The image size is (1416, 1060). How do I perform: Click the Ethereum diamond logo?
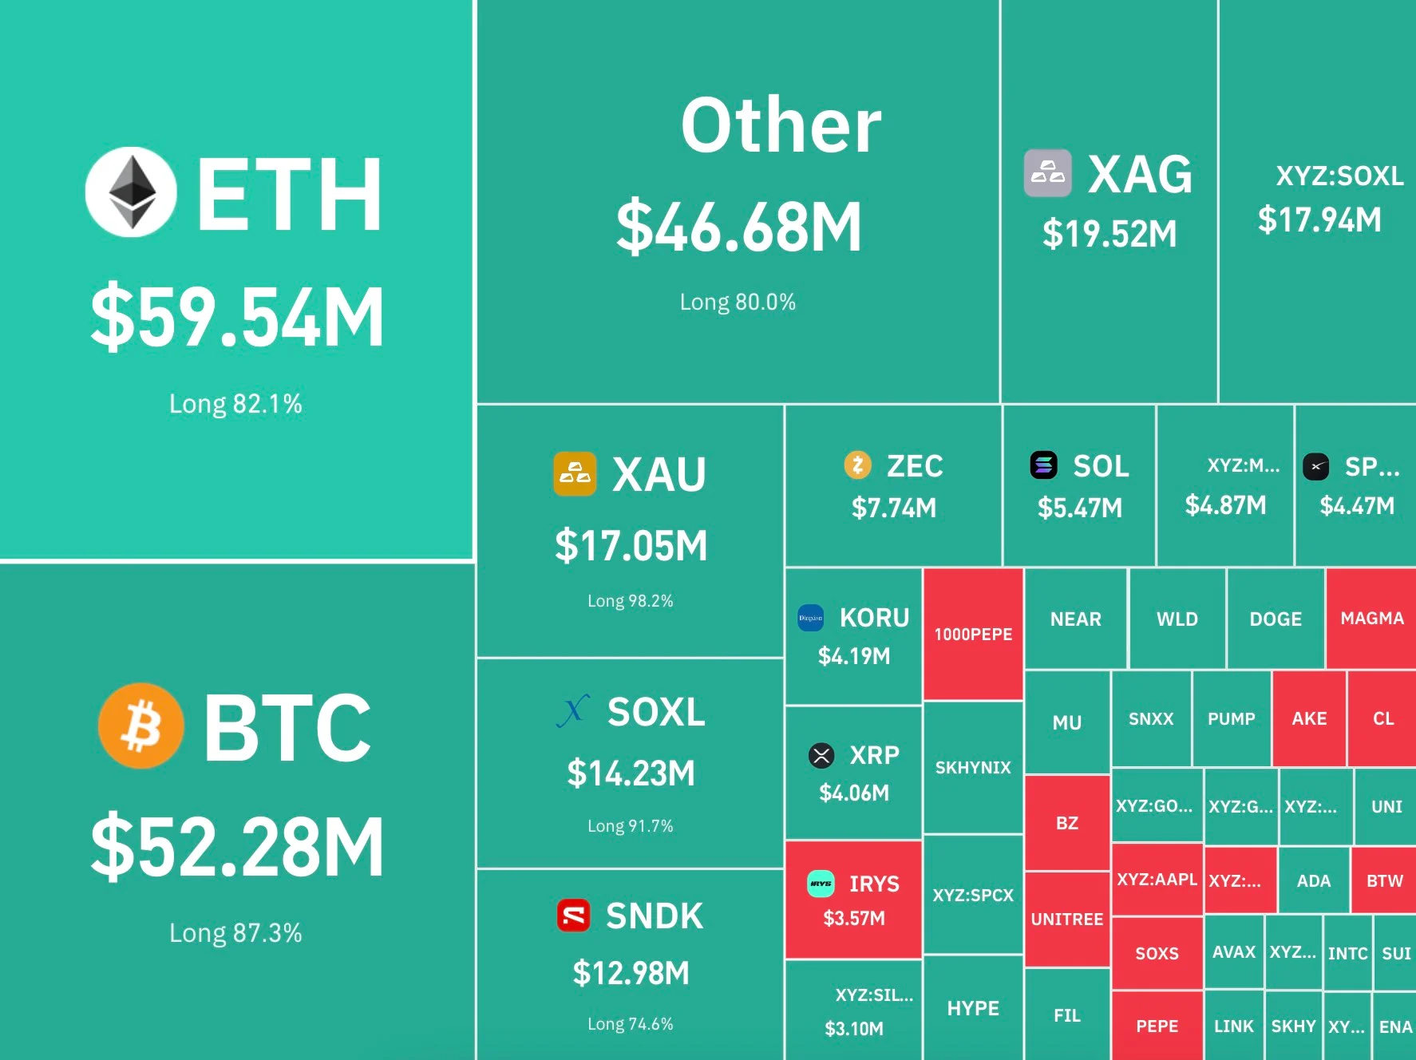tap(131, 192)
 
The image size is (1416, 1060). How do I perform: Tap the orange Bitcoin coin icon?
tap(141, 726)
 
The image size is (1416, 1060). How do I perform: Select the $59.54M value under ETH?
tap(237, 317)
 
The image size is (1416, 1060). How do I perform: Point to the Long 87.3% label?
tap(235, 932)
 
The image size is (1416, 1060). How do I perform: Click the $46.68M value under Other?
tap(739, 227)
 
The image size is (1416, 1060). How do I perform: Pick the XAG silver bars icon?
tap(1048, 172)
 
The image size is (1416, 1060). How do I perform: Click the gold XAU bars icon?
tap(575, 473)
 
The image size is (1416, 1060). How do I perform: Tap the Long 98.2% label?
tap(631, 600)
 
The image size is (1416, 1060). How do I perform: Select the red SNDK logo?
tap(574, 916)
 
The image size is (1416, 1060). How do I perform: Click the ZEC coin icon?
tap(858, 465)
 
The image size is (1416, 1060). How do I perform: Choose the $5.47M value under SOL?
tap(1080, 508)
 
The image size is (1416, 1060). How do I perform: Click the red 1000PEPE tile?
tap(973, 634)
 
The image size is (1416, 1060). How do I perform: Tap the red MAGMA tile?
tap(1371, 618)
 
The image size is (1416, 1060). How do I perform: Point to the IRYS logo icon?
tap(821, 884)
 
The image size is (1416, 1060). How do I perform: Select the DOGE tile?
tap(1276, 619)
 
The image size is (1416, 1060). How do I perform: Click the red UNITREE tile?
tap(1067, 920)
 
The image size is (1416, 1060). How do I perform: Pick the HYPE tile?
tap(973, 1008)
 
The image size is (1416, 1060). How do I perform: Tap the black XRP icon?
tap(821, 754)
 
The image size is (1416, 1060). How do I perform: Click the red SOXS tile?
tap(1157, 953)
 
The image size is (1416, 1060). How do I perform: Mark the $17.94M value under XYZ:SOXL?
tap(1319, 220)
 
